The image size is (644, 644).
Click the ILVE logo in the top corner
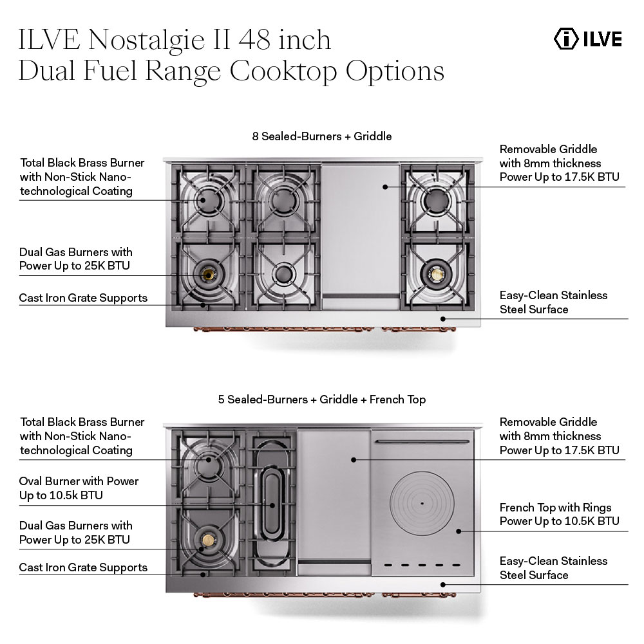(x=587, y=39)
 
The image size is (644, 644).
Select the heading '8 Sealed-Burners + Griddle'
(x=322, y=136)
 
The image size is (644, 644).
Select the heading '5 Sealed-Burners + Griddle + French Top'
(x=322, y=400)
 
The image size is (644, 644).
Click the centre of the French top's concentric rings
(x=422, y=502)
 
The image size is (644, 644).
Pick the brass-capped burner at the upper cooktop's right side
(x=437, y=275)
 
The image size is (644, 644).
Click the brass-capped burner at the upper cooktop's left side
(x=208, y=275)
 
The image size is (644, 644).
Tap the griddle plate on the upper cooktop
(x=361, y=225)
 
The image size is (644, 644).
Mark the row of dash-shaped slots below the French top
(x=422, y=566)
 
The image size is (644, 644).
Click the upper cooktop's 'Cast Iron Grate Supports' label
(x=83, y=298)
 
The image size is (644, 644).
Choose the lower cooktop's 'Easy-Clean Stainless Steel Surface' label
(x=553, y=568)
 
